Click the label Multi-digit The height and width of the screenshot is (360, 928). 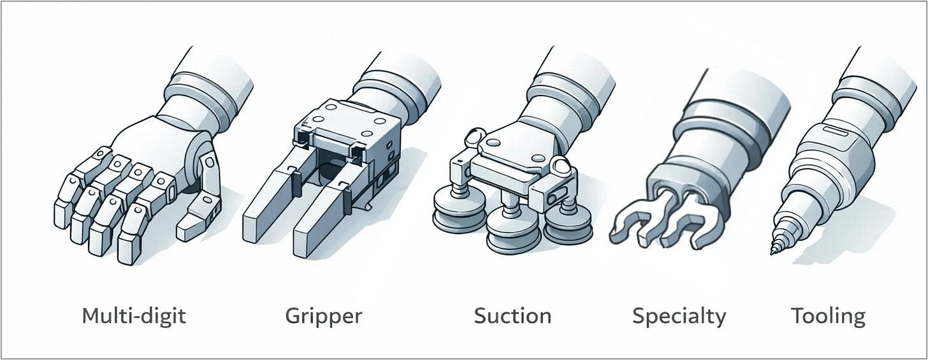tap(134, 315)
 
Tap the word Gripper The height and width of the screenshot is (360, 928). tap(323, 315)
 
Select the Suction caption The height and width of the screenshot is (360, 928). tap(512, 315)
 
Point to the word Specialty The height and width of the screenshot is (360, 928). tap(679, 315)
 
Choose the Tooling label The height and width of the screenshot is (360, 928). tap(828, 315)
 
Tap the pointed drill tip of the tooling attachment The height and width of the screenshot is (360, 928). tap(775, 248)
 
